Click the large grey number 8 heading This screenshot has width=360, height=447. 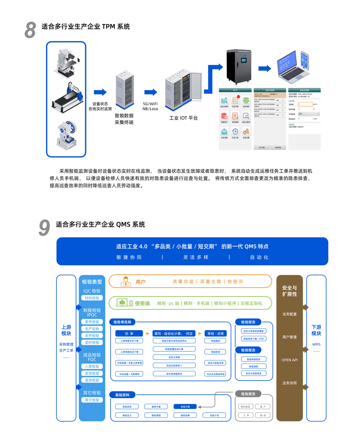[x=30, y=30]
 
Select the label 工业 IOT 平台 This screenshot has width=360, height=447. [x=183, y=118]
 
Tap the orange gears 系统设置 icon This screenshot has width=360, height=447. [x=246, y=132]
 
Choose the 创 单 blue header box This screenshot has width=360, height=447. [x=129, y=333]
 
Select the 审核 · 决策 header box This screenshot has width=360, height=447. [x=216, y=333]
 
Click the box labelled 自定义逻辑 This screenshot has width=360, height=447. [x=174, y=357]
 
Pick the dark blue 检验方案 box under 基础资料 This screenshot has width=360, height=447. [x=185, y=407]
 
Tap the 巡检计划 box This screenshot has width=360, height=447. [x=214, y=415]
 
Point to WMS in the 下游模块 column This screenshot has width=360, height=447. [x=316, y=344]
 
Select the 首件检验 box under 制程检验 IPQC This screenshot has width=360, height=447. [x=92, y=322]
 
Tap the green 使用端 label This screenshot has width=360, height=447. [x=142, y=303]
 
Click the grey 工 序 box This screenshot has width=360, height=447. [x=246, y=415]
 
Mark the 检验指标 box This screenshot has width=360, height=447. [x=253, y=366]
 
